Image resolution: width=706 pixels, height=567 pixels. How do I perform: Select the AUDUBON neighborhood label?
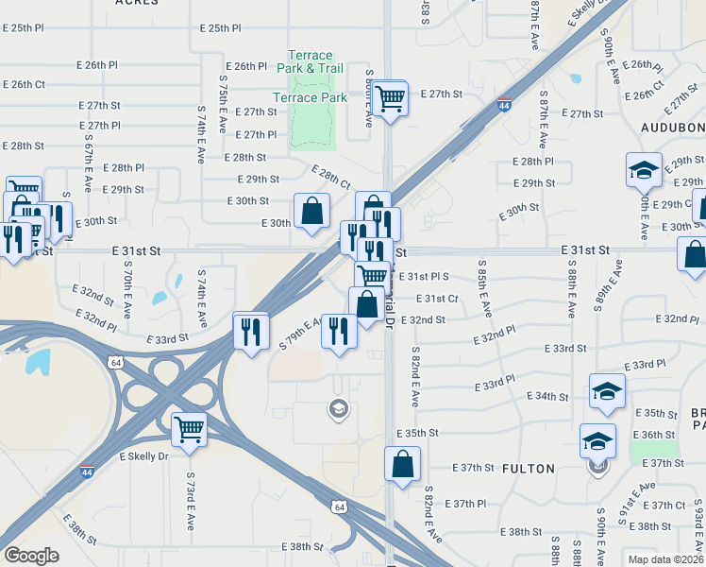673,127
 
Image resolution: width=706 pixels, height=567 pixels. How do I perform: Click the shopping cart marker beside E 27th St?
390,98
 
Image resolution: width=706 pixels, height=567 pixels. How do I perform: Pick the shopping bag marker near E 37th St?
402,465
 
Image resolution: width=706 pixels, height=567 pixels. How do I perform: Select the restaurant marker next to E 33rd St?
250,331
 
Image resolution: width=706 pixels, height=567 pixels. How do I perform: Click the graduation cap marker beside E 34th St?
607,392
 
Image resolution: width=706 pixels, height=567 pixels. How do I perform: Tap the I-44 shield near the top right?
505,106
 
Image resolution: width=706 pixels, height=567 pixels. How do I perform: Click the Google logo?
31,556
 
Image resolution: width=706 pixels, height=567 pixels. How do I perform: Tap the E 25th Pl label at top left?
23,28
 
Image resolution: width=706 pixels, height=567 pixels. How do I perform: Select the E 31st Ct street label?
442,299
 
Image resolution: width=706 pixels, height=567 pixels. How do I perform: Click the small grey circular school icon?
336,408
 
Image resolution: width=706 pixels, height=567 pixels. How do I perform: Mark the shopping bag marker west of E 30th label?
311,212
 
